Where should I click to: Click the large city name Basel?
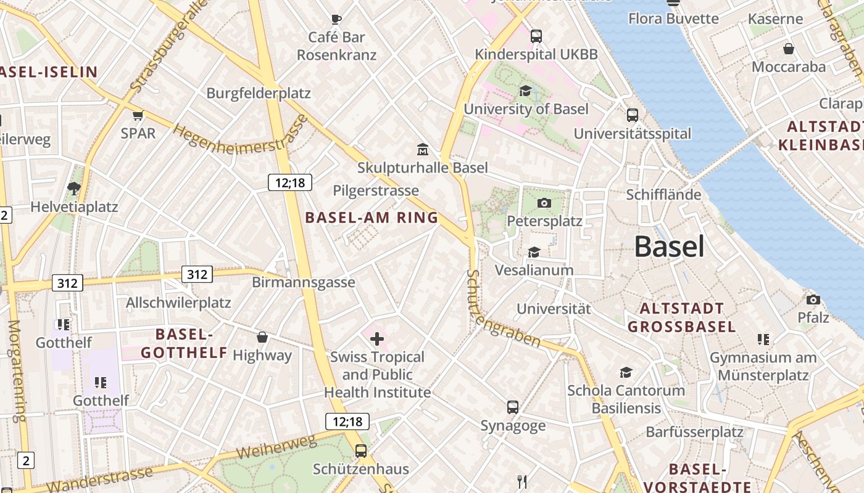click(669, 246)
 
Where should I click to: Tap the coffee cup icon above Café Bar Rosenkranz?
click(336, 19)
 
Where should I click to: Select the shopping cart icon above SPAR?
click(138, 115)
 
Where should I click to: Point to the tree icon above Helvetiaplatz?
click(74, 187)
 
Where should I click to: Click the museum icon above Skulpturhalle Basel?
click(423, 149)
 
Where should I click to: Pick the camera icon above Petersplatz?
click(544, 203)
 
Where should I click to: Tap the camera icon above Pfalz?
click(813, 299)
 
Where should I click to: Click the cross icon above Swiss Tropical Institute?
click(376, 338)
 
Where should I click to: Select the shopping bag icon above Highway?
click(262, 337)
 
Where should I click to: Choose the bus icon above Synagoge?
click(513, 407)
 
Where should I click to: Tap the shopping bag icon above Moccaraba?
click(788, 49)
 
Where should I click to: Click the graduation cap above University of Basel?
click(525, 91)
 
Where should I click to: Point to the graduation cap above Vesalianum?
click(534, 252)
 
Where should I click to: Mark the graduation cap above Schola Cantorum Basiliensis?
click(626, 372)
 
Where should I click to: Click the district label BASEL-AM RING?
click(372, 218)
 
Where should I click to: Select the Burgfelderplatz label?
click(259, 94)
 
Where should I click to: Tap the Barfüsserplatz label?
click(694, 432)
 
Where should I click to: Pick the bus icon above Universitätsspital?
click(633, 115)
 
